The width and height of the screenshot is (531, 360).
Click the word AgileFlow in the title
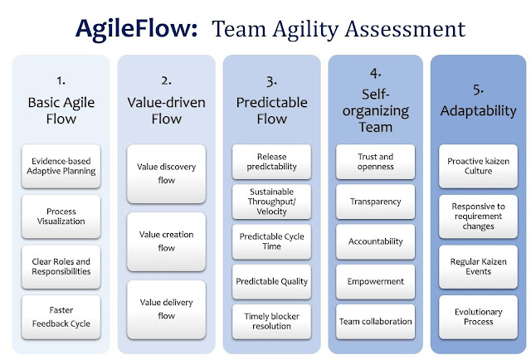136,29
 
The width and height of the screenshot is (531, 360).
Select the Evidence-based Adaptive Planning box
61,166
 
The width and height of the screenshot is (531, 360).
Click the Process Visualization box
61,216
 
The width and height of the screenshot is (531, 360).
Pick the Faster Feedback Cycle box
61,317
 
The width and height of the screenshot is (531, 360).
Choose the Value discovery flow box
166,173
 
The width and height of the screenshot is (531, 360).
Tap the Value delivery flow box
166,309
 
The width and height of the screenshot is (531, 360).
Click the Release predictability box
271,162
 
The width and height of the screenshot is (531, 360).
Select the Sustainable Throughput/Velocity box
271,202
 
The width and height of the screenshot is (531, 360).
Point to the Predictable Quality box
271,281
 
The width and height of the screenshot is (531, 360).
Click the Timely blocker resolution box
271,321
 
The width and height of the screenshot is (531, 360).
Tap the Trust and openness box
376,162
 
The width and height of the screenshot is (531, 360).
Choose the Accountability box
376,241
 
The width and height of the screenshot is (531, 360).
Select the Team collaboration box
376,321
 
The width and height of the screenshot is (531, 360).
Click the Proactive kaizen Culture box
478,166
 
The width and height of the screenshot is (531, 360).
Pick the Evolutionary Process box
478,317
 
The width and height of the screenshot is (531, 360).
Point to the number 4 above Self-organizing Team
375,73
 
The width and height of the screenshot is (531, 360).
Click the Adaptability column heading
478,111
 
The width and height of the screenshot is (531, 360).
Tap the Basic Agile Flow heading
61,110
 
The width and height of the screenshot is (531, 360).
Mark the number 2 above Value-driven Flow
166,80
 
